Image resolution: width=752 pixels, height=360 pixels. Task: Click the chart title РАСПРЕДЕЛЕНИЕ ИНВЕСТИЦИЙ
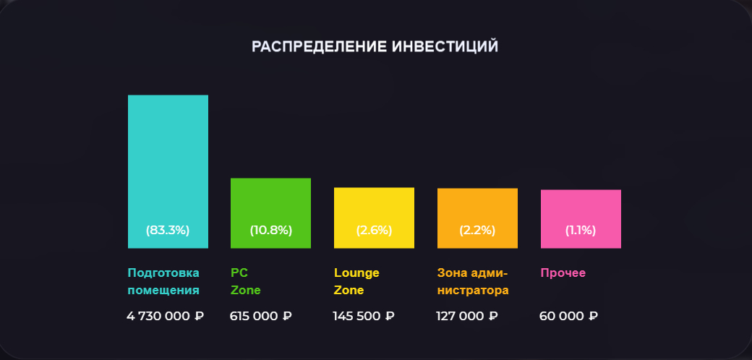coord(375,47)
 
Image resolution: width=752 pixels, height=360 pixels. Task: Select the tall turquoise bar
coord(168,159)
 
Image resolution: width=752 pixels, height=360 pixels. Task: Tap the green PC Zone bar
coord(270,202)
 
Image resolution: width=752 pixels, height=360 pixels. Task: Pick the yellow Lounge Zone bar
coord(374,206)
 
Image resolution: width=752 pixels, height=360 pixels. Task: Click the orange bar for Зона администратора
coord(477,207)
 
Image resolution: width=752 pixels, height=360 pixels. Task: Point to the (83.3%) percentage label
coord(168,231)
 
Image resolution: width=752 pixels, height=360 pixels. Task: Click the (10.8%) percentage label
coord(270,231)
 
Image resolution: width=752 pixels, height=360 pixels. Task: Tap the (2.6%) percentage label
coord(374,231)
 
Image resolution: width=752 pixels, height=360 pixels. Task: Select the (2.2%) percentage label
coord(477,231)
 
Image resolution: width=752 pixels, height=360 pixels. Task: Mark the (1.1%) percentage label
coord(581,231)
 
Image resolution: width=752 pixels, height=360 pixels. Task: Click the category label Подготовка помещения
coord(163,282)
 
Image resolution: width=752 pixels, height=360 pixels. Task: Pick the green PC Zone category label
coord(245,282)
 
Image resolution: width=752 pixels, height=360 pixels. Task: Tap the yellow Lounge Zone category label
coord(356,282)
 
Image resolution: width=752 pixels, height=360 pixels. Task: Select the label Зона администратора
coord(473,282)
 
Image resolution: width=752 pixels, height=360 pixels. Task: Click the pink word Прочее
coord(563,273)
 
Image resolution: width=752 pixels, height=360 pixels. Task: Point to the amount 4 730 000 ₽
coord(166,316)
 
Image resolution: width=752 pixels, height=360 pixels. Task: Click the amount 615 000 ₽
coord(260,316)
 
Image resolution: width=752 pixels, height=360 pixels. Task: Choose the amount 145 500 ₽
coord(364,316)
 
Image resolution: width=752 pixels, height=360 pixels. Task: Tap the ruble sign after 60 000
coord(593,316)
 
